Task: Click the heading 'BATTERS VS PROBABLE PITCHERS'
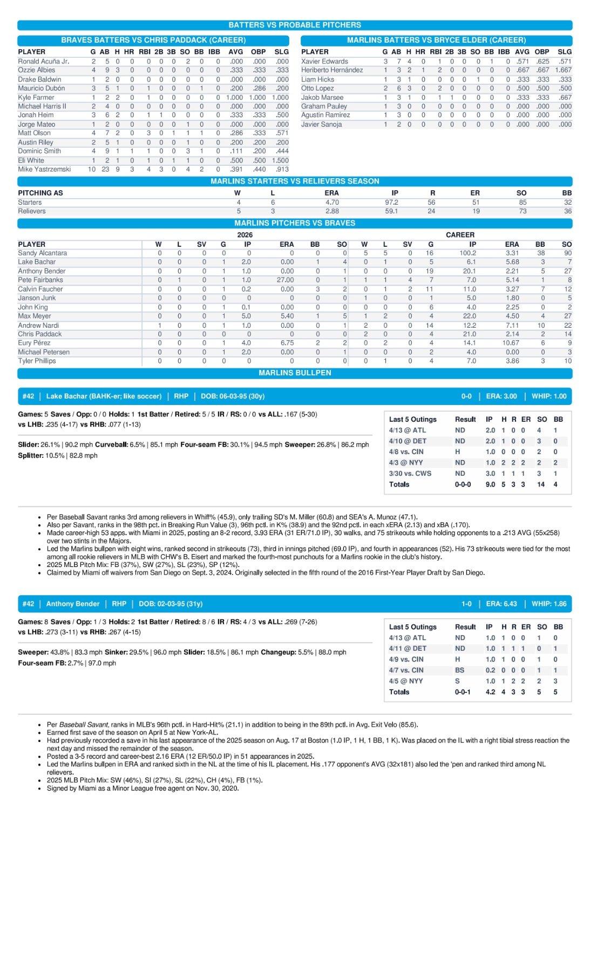click(295, 25)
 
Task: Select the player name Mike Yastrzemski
click(44, 169)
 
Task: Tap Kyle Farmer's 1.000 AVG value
click(234, 97)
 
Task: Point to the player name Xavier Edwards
click(324, 62)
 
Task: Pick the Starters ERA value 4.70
click(332, 202)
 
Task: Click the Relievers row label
click(32, 211)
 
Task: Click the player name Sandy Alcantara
click(43, 253)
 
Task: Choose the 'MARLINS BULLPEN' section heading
click(295, 373)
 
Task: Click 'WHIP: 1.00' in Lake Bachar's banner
click(549, 396)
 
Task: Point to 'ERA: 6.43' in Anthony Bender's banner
click(501, 604)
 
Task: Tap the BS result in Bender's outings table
click(459, 670)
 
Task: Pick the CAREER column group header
click(460, 235)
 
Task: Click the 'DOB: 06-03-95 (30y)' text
click(233, 396)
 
